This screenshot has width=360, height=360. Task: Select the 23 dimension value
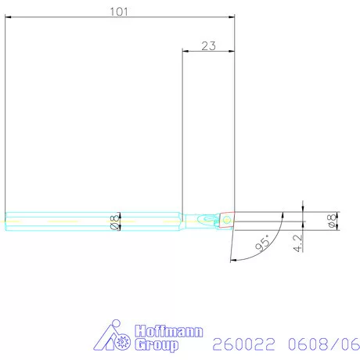pyautogui.click(x=208, y=45)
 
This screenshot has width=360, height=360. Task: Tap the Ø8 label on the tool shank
pyautogui.click(x=115, y=221)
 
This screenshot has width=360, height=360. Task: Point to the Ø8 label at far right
pyautogui.click(x=331, y=221)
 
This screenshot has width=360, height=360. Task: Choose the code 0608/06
pyautogui.click(x=312, y=343)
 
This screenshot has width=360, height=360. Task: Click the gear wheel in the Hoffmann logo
pyautogui.click(x=124, y=342)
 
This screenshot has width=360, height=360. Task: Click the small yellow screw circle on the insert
pyautogui.click(x=226, y=221)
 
